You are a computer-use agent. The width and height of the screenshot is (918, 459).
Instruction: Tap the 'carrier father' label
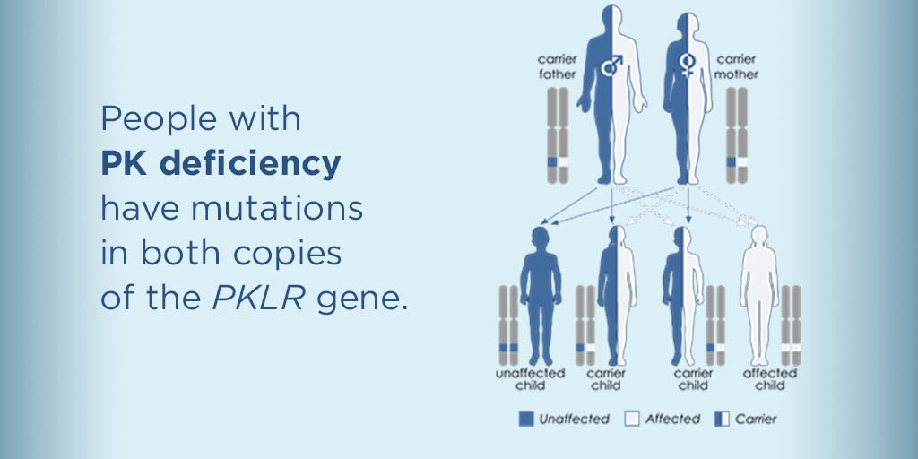coord(557,68)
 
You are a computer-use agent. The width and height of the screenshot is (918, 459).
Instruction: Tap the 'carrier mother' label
coord(734,68)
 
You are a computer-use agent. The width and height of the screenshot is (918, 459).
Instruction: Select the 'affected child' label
coord(769,379)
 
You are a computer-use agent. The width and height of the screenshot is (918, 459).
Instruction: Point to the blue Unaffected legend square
coord(525,419)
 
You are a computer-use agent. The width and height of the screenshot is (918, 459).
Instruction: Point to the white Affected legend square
coord(633,419)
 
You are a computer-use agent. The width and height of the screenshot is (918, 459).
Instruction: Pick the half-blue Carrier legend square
coord(721,419)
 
